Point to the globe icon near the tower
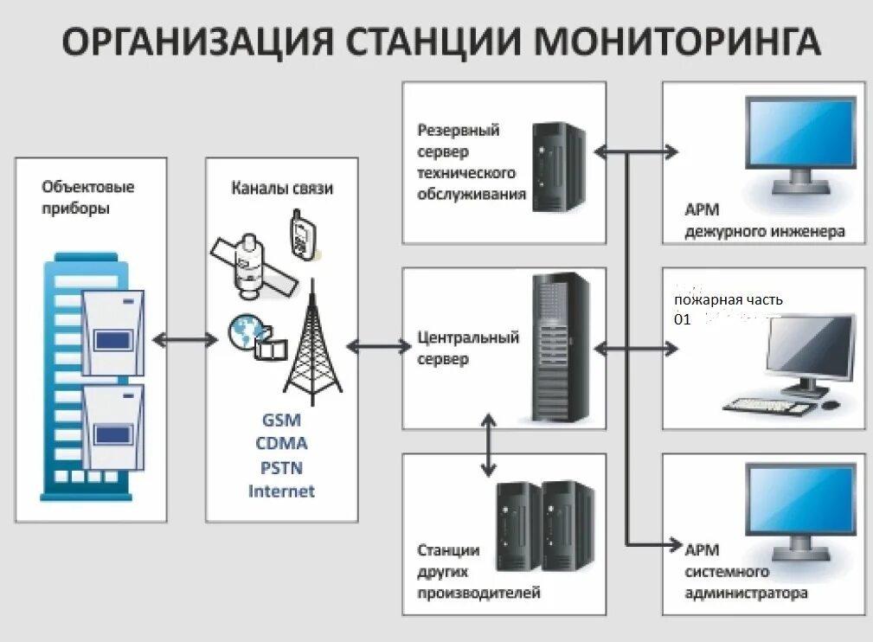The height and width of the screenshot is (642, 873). (x=244, y=331)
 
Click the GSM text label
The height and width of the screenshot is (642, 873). (x=281, y=421)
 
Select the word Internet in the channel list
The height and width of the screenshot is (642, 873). (x=281, y=491)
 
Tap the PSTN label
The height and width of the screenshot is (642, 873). (x=281, y=468)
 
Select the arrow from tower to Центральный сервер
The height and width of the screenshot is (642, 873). (x=379, y=347)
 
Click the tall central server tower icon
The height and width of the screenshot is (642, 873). (x=560, y=346)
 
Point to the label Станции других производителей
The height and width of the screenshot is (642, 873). (x=478, y=571)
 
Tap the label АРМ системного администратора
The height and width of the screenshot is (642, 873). (x=746, y=572)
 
